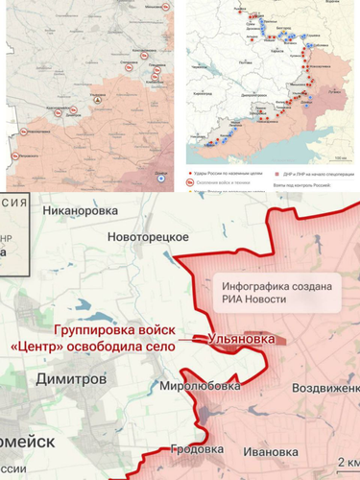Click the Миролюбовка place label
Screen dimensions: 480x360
[x=193, y=386]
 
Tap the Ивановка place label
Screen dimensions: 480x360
[x=276, y=451]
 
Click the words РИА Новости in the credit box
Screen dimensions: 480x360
[x=276, y=301]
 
